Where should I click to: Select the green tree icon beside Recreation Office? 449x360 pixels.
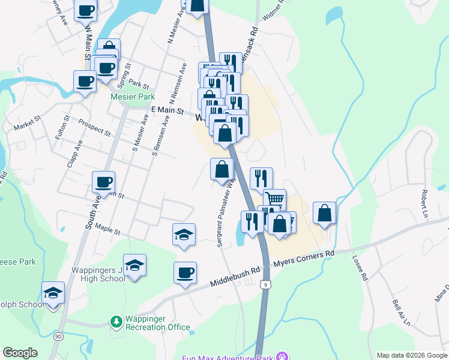click(x=116, y=323)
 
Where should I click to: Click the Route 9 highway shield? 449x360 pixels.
click(x=265, y=284)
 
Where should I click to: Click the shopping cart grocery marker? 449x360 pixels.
click(x=274, y=199)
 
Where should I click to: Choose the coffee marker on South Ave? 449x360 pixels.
click(x=103, y=181)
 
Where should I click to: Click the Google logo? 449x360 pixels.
click(x=20, y=353)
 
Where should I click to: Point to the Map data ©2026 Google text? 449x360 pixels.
click(x=411, y=355)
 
